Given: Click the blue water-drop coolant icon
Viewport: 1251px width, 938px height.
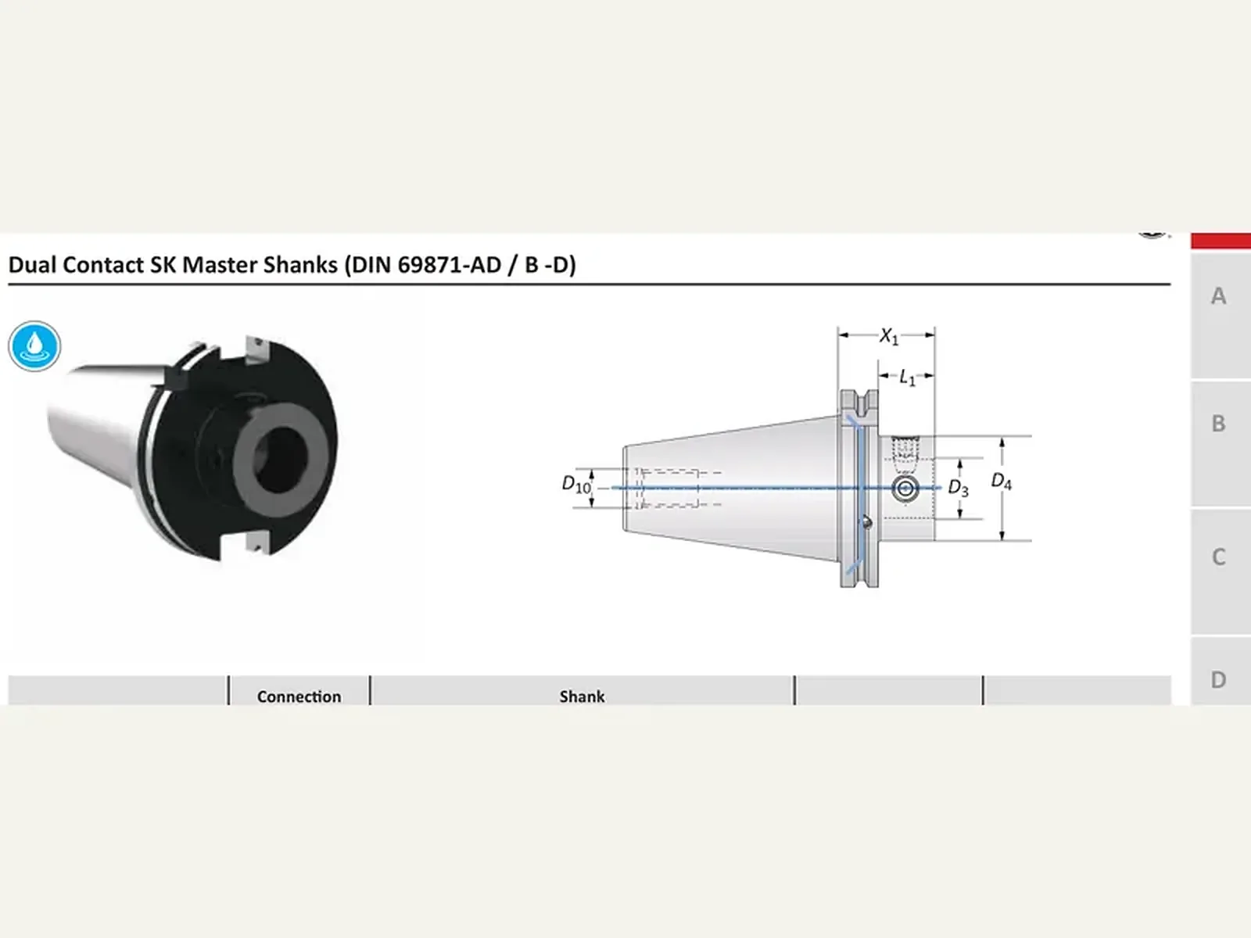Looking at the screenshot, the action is click(34, 346).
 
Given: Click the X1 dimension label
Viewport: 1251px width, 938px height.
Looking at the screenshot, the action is click(889, 337).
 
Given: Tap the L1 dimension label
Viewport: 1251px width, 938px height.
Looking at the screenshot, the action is click(907, 378).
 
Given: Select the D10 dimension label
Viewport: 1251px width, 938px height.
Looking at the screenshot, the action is click(576, 485).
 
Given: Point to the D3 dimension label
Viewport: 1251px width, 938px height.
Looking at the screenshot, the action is click(958, 488).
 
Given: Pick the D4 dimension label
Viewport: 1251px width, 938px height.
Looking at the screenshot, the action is click(1002, 482).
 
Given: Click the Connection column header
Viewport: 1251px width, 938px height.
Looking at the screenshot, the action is click(299, 696).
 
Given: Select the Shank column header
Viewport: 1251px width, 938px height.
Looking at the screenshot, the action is click(582, 696).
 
